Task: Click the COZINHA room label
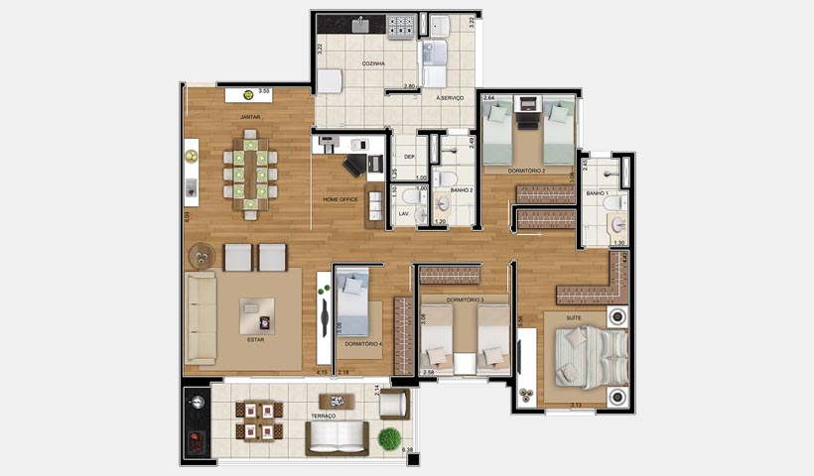click(x=345, y=62)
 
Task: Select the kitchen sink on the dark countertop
click(x=357, y=24)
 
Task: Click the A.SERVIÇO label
click(x=451, y=98)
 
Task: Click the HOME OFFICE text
click(x=339, y=199)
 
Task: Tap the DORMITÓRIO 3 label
click(x=465, y=298)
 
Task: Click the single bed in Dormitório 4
click(x=352, y=302)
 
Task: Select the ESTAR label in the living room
click(x=255, y=339)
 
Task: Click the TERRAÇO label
click(x=322, y=416)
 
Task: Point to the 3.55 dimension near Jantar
click(x=264, y=91)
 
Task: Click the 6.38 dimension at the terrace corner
click(x=407, y=451)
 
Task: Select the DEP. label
click(x=407, y=157)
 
